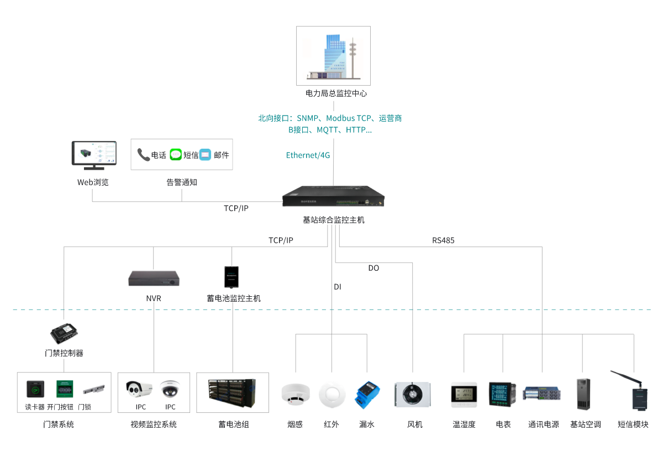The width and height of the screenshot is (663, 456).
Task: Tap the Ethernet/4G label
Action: coord(308,155)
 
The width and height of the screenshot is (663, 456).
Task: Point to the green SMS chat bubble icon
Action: coord(176,155)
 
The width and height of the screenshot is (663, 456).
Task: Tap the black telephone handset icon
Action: coord(143,155)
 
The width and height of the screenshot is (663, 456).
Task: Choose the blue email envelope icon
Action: coord(206,155)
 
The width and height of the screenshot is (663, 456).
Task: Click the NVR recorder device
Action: coord(154,279)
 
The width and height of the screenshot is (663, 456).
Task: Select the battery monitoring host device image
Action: coord(231,277)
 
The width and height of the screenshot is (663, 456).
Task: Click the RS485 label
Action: coord(443,240)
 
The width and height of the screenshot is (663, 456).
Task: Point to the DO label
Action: coord(374,268)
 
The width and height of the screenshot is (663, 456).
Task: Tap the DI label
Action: coord(338,287)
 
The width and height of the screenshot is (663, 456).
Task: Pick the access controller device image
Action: coord(64,333)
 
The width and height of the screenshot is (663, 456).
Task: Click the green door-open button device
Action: coord(64,389)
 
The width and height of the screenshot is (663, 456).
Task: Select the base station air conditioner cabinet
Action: coord(583,394)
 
